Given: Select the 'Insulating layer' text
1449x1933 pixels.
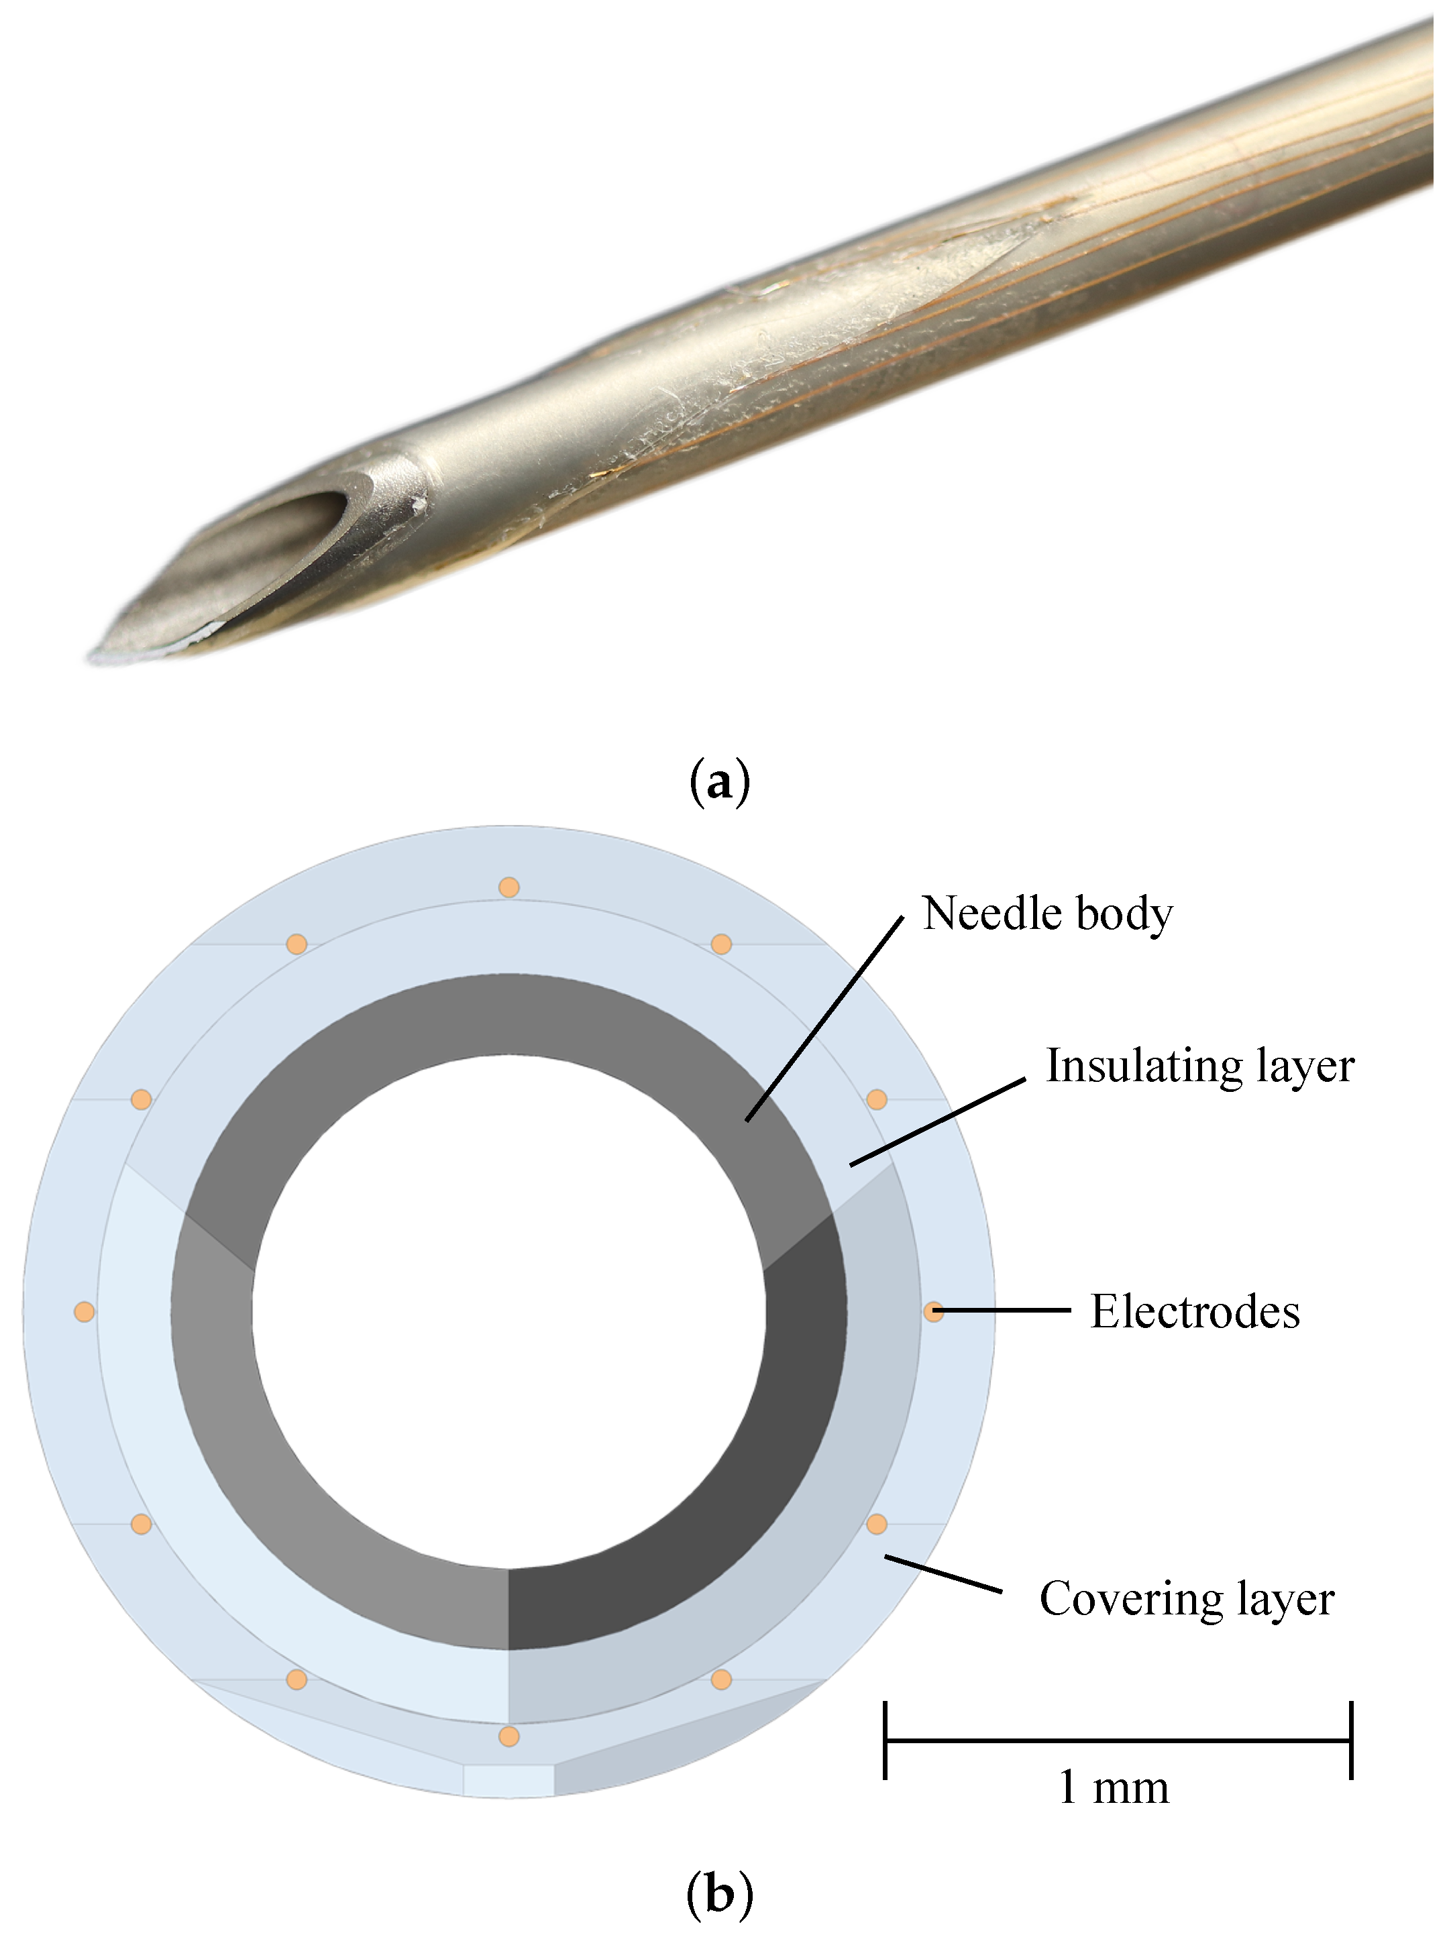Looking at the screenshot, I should (1199, 1066).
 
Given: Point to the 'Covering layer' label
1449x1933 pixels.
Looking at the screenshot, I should (1186, 1599).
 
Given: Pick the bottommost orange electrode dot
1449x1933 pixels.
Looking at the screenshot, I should (508, 1736).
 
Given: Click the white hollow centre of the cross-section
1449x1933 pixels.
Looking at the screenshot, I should (508, 1311).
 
